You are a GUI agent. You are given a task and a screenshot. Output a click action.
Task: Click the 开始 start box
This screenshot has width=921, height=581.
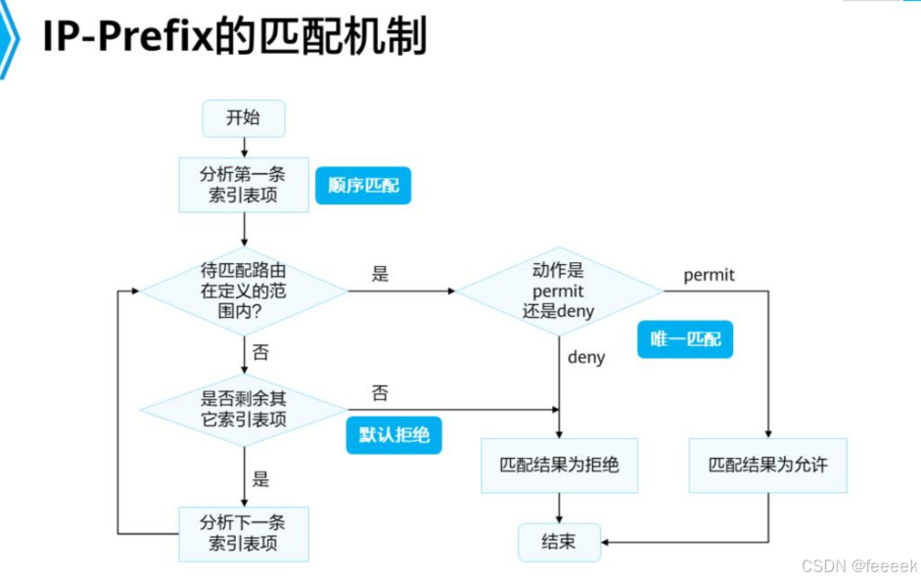pos(244,118)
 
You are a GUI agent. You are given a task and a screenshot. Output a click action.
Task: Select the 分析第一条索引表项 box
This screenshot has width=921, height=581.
pos(244,184)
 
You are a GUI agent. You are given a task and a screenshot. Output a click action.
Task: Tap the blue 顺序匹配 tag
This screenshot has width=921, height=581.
pos(363,185)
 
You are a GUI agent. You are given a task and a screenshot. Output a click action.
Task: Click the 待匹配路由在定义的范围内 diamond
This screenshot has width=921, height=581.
pos(244,290)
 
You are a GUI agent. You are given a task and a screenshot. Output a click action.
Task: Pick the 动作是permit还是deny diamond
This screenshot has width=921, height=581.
pos(559,290)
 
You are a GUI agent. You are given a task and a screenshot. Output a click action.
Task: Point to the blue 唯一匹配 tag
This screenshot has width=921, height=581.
pos(685,338)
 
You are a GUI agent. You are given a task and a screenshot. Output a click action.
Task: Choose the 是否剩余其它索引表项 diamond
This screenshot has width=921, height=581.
pos(244,408)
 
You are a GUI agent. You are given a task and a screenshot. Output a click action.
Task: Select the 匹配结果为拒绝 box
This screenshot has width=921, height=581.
pos(559,465)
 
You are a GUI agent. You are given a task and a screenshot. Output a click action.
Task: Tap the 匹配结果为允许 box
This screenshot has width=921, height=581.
pos(768,465)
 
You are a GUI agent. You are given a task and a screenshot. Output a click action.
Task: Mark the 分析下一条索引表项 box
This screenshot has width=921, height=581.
pos(244,533)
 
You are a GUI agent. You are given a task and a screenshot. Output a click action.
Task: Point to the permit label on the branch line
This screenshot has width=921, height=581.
pos(709,275)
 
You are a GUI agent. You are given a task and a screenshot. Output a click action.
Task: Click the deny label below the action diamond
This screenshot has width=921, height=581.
pos(586,357)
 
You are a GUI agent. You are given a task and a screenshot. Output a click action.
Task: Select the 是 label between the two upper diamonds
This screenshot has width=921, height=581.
pos(380,274)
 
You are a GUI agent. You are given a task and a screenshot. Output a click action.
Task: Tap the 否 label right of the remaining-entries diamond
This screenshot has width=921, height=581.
pos(380,393)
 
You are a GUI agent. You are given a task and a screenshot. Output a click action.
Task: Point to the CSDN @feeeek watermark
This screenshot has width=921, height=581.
pos(858,566)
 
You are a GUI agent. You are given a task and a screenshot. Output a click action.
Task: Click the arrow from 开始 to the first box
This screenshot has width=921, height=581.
pos(244,147)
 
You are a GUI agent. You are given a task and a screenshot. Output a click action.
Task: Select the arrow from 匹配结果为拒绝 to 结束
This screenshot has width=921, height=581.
pos(559,508)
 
